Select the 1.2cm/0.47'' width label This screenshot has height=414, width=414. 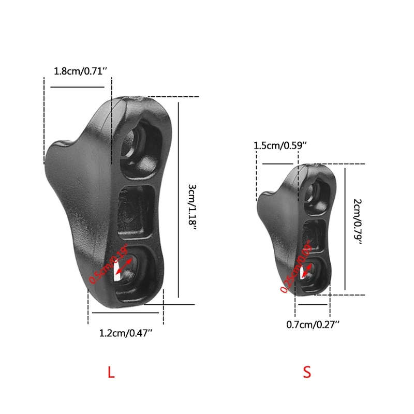(x=125, y=333)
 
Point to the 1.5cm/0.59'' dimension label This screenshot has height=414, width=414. (x=280, y=146)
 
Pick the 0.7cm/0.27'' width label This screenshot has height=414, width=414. (x=313, y=324)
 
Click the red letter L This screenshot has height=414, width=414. (x=110, y=372)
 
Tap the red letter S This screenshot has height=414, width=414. (x=307, y=372)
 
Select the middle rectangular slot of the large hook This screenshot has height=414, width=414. (x=136, y=211)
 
